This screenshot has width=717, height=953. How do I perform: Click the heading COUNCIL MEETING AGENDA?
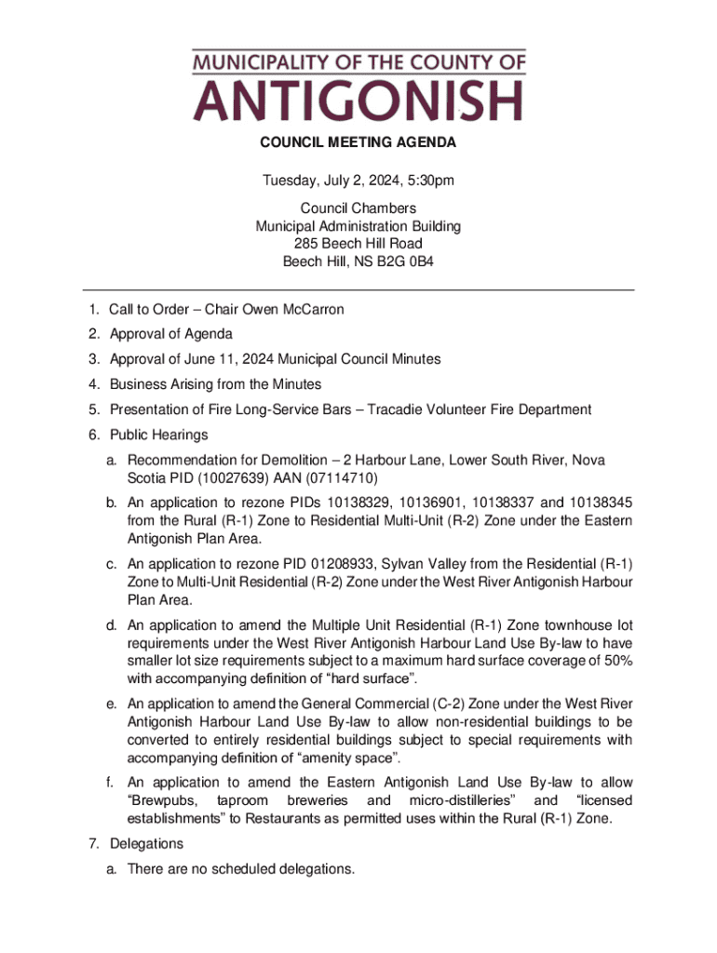click(x=358, y=143)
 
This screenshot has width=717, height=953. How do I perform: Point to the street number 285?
click(x=305, y=244)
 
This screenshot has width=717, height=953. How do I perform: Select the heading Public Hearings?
click(x=159, y=435)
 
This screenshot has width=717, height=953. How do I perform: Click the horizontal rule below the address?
click(x=358, y=290)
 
